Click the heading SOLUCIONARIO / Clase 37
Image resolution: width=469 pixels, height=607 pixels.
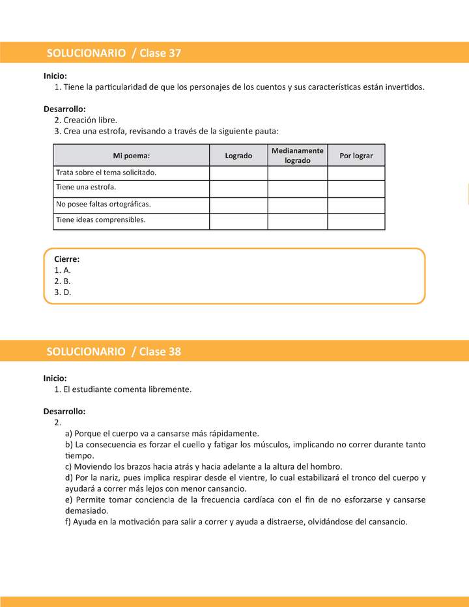(113, 53)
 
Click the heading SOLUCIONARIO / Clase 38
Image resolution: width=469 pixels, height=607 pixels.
(113, 352)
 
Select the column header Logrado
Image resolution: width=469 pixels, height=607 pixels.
(238, 156)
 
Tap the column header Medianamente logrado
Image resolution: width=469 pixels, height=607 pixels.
(297, 155)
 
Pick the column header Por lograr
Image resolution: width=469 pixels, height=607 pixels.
(356, 156)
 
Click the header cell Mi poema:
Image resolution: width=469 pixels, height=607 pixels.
(131, 156)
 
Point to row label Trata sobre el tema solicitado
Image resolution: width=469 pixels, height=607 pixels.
(106, 173)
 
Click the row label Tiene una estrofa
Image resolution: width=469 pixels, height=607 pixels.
(86, 188)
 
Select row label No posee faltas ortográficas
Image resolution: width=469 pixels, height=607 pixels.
(104, 204)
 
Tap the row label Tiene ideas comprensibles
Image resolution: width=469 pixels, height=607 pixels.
(100, 220)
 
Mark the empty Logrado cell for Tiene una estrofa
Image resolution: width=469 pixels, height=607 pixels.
(238, 188)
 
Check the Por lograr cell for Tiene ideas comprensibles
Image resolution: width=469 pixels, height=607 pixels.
(356, 221)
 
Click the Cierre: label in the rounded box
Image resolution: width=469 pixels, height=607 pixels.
(67, 259)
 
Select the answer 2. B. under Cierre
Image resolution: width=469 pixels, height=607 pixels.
(63, 281)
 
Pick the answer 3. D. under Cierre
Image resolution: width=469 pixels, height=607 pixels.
(63, 292)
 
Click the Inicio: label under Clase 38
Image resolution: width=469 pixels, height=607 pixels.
(55, 378)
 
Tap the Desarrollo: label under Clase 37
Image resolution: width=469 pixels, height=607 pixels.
(64, 109)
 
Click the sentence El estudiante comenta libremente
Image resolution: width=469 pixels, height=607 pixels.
(127, 389)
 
